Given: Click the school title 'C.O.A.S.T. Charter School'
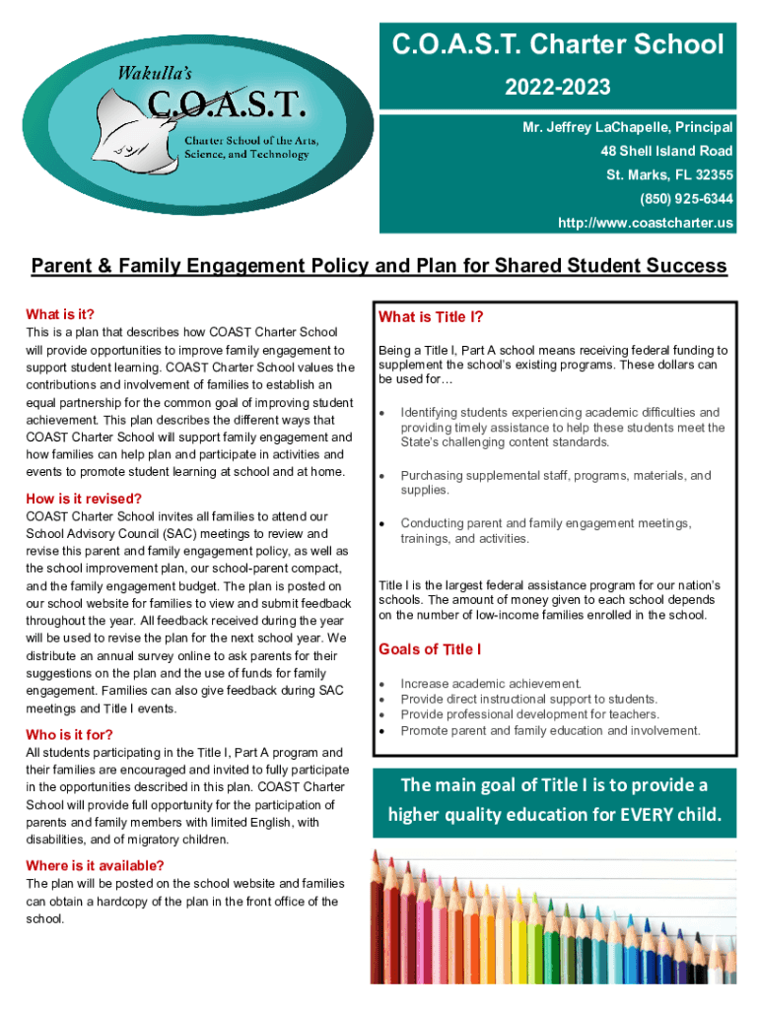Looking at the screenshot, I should [558, 44].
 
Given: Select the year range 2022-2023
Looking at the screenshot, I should [558, 88].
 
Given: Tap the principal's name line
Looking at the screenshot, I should [628, 127].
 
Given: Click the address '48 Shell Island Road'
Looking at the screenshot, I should [666, 151].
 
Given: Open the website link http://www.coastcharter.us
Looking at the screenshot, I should [646, 224].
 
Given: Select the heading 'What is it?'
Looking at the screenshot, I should [60, 314].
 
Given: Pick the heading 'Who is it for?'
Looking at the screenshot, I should [69, 734].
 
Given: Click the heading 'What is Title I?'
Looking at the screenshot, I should [431, 317].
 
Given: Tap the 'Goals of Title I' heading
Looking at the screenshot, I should [430, 648].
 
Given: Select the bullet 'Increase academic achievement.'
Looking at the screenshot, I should [491, 683].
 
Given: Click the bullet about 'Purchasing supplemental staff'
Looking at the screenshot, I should [554, 483].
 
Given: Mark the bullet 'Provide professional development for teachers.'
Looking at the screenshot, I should [529, 714].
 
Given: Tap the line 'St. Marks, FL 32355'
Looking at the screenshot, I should [669, 175].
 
